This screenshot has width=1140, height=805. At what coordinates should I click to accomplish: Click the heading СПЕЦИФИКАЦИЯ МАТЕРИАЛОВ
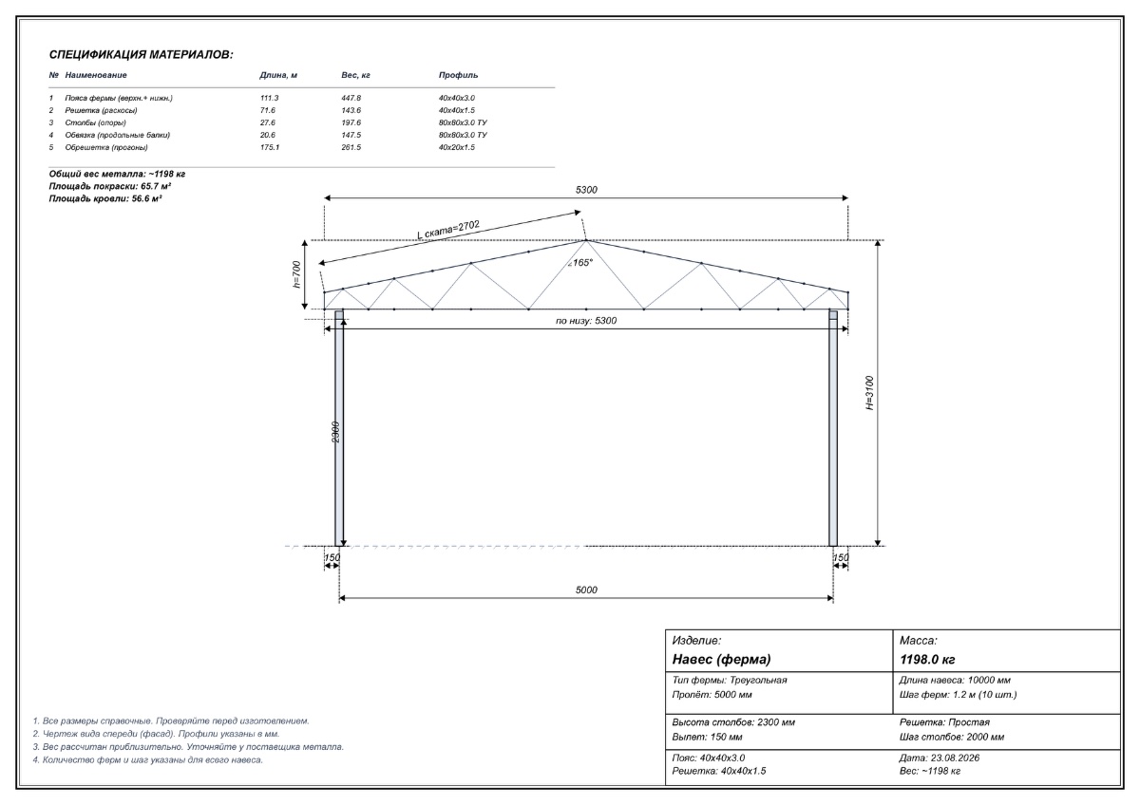[141, 55]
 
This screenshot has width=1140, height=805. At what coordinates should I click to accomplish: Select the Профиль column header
[458, 75]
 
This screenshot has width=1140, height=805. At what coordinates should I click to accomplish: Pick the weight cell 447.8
[351, 98]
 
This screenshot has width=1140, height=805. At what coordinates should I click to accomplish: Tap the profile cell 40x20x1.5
[457, 147]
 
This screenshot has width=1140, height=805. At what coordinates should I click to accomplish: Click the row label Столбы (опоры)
[95, 122]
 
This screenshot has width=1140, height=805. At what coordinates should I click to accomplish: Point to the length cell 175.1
[270, 147]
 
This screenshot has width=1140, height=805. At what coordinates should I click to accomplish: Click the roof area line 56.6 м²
[105, 198]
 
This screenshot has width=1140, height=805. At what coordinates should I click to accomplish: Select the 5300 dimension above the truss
[586, 190]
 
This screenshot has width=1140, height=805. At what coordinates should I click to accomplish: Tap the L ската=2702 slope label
[448, 230]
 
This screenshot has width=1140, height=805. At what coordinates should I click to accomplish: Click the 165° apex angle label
[580, 262]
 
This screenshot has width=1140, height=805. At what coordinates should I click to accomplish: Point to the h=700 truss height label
[296, 274]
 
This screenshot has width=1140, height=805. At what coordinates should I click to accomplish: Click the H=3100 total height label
[870, 393]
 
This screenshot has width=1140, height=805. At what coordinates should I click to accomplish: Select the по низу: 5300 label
[586, 321]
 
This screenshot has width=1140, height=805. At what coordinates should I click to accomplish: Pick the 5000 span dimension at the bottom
[586, 590]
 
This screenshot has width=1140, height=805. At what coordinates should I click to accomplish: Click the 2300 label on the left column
[335, 432]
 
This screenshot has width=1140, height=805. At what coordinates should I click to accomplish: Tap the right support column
[833, 428]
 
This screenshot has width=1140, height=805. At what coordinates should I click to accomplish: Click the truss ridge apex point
[586, 240]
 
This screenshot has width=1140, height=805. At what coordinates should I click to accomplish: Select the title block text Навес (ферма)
[721, 660]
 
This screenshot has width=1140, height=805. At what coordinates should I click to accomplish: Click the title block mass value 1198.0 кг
[927, 660]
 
